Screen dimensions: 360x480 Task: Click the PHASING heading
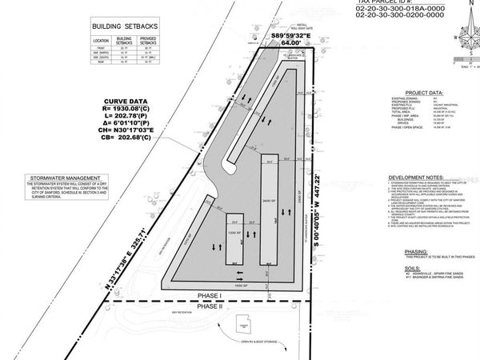[410, 251]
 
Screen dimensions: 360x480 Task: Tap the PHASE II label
[209, 306]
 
